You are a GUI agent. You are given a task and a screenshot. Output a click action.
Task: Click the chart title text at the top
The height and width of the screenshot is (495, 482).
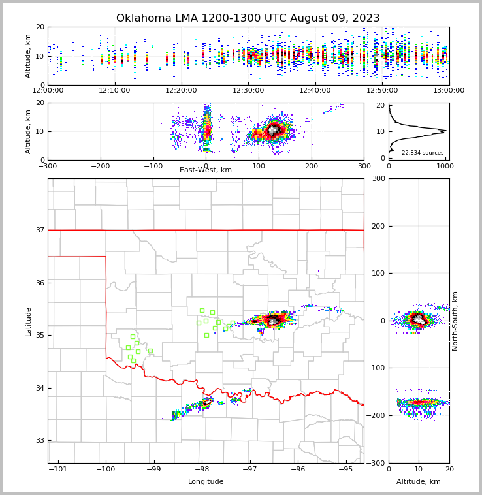coord(248,18)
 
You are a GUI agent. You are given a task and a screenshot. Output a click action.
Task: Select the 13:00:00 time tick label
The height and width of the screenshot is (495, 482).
coord(449,90)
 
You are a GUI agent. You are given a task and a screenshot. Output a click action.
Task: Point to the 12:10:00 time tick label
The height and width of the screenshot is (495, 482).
coord(114,90)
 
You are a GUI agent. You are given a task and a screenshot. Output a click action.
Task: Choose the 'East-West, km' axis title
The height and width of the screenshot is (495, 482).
coord(206,170)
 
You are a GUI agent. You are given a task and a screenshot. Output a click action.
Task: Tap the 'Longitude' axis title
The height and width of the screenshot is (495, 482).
coord(206,482)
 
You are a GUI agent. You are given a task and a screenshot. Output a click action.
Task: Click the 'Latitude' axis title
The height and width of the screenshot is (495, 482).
coord(28,321)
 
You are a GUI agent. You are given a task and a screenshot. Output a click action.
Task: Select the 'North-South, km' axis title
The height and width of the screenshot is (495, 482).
coord(455,321)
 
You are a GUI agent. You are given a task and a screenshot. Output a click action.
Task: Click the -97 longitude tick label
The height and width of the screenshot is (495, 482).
coord(249,469)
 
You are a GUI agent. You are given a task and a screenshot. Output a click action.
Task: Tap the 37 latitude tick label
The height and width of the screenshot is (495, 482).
coord(39,230)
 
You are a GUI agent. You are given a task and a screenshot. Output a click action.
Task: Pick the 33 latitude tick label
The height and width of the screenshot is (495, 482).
coord(39,441)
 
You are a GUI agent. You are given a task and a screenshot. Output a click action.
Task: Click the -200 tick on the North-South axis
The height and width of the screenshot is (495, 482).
coord(376,415)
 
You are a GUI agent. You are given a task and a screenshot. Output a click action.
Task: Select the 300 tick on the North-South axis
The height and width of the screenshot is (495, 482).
coord(378,178)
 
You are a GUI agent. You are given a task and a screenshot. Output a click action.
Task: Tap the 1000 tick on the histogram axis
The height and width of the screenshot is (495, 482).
coord(444,167)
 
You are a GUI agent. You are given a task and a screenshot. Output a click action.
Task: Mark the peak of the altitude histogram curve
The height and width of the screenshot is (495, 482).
coord(444,131)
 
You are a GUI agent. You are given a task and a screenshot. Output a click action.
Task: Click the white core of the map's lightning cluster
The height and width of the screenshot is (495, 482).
coord(273,321)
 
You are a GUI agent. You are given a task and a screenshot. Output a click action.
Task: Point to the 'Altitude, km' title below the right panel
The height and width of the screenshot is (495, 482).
coord(419,482)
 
